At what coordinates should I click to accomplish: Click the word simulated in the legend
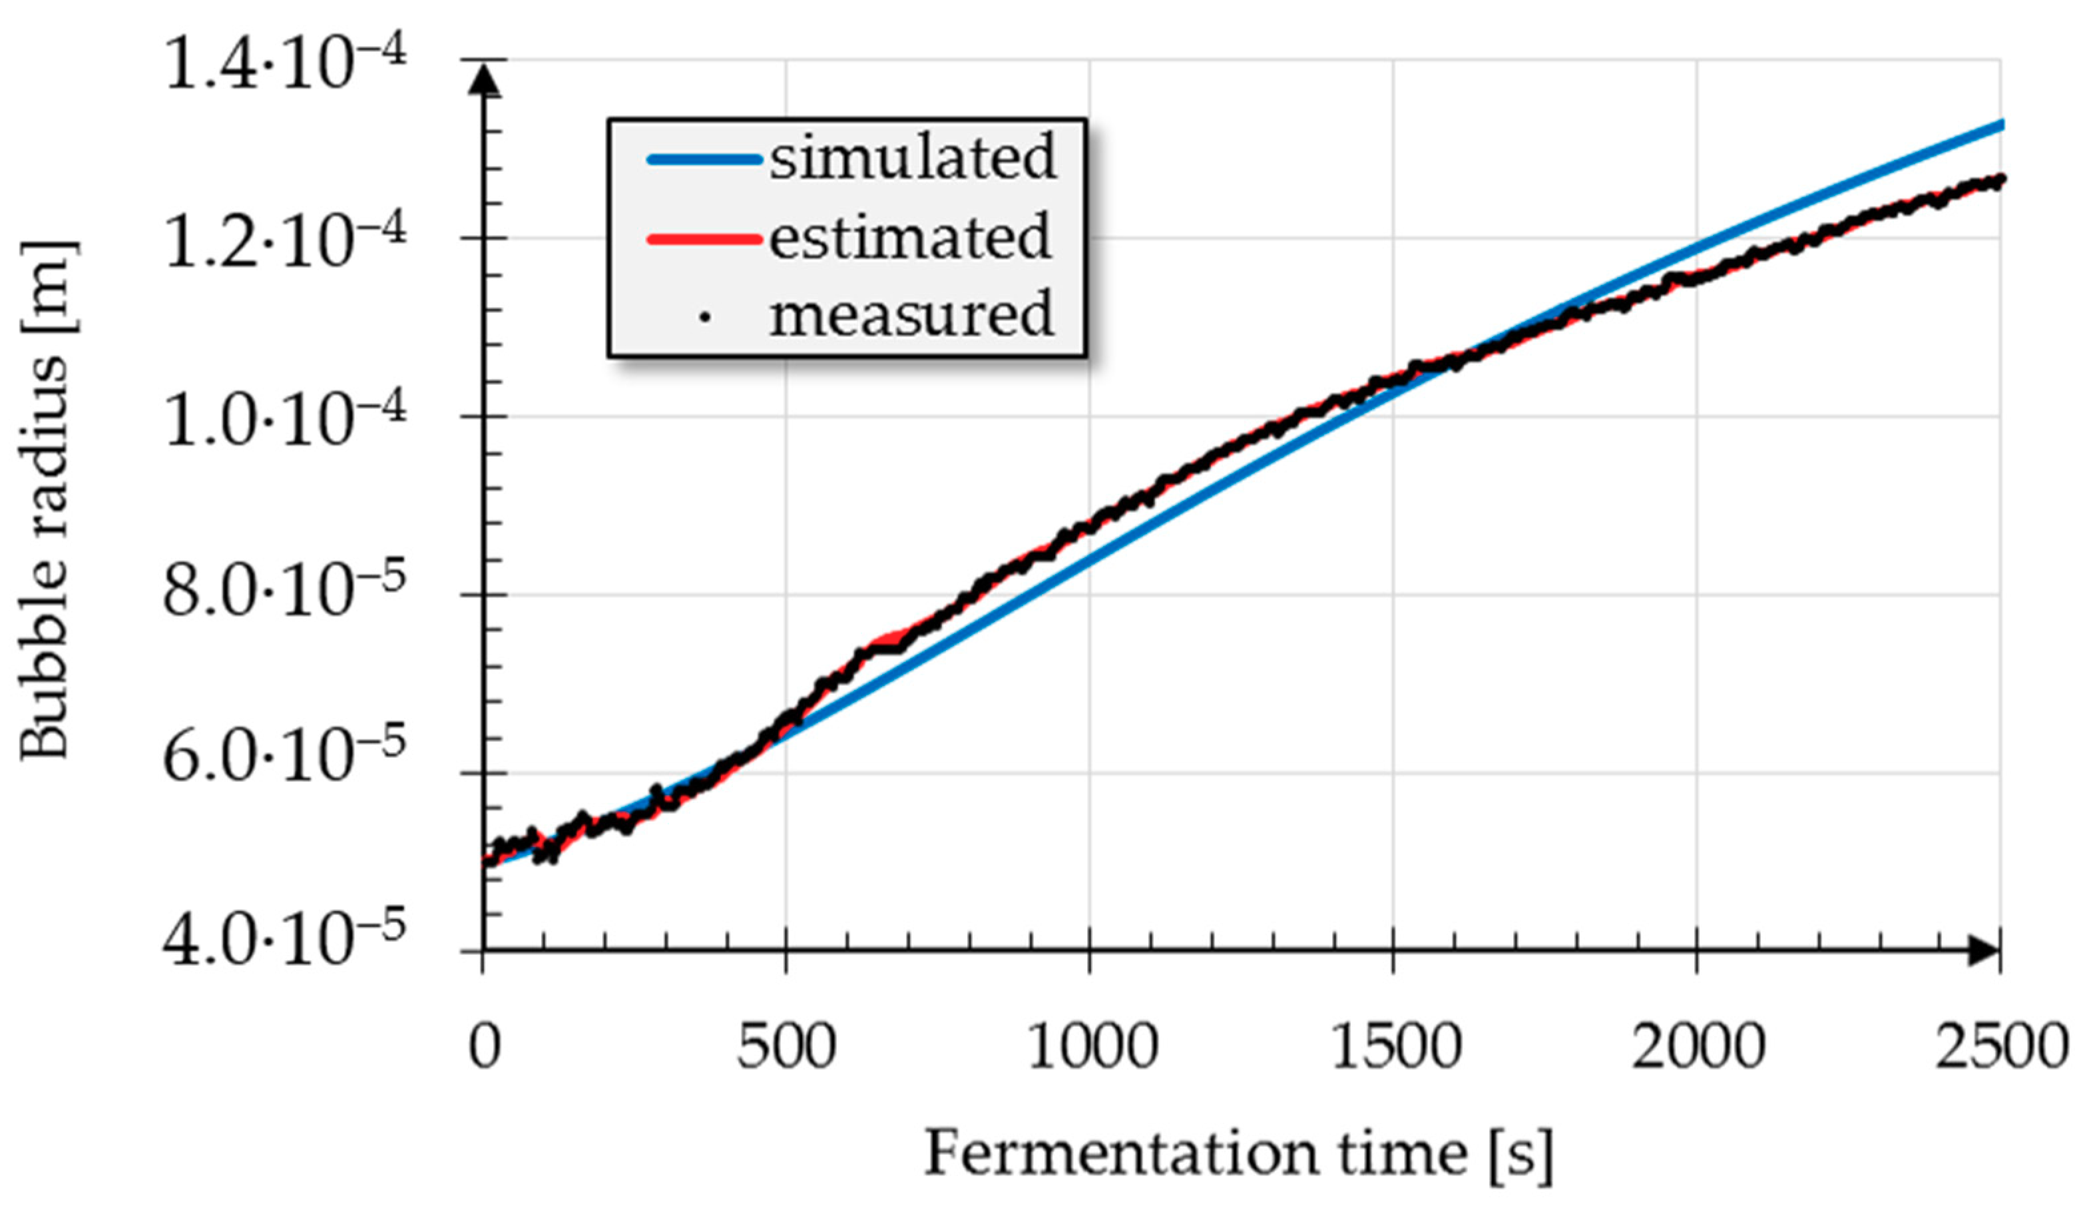(x=913, y=158)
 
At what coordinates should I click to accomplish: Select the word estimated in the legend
(x=910, y=238)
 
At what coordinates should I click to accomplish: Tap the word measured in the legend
(x=911, y=316)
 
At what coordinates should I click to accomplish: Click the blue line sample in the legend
(x=704, y=159)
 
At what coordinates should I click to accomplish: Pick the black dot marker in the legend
(x=704, y=316)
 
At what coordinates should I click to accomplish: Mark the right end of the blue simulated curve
(x=2000, y=125)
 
